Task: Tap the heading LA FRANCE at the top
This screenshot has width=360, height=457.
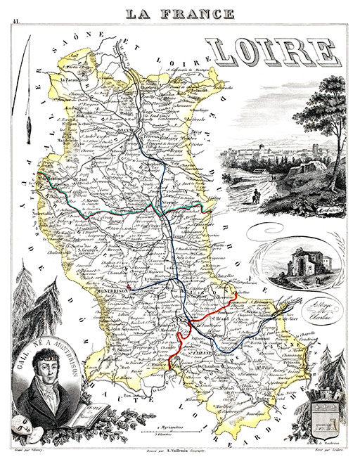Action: (x=180, y=13)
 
